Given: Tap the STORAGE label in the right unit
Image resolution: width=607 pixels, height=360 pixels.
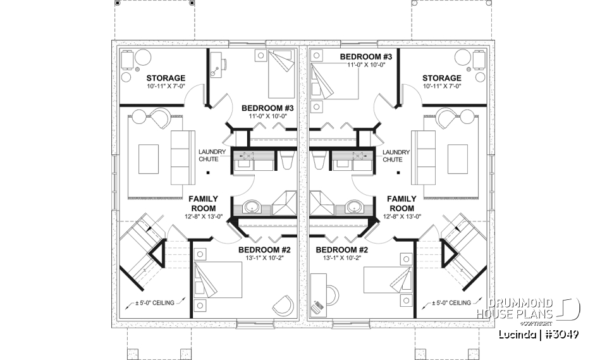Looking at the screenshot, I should click(x=443, y=78).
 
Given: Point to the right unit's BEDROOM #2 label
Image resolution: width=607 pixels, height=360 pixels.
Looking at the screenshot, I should click(x=341, y=250).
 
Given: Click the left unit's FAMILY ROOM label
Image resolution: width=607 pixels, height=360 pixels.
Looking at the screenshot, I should click(x=202, y=203).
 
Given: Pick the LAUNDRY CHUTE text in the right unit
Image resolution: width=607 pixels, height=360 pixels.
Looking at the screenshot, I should click(x=396, y=156).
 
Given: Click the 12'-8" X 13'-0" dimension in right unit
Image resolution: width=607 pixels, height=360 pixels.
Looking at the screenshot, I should click(x=401, y=216).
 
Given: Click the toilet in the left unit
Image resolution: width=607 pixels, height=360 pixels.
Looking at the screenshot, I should click(x=285, y=162).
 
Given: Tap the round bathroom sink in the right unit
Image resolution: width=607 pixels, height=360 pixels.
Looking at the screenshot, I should click(x=353, y=206).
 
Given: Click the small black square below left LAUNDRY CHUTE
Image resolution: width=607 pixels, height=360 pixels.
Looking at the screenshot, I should click(x=208, y=171).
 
